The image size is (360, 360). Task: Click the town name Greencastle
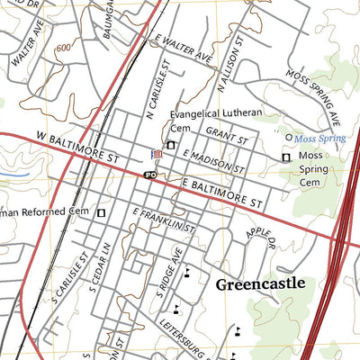[x=260, y=283]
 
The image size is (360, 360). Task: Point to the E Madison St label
[x=212, y=162]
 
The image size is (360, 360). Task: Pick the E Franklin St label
[x=164, y=221]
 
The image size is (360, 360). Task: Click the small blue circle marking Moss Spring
[x=289, y=138]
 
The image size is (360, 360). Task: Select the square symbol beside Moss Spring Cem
[x=286, y=157]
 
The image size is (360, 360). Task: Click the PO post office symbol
[x=150, y=175]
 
